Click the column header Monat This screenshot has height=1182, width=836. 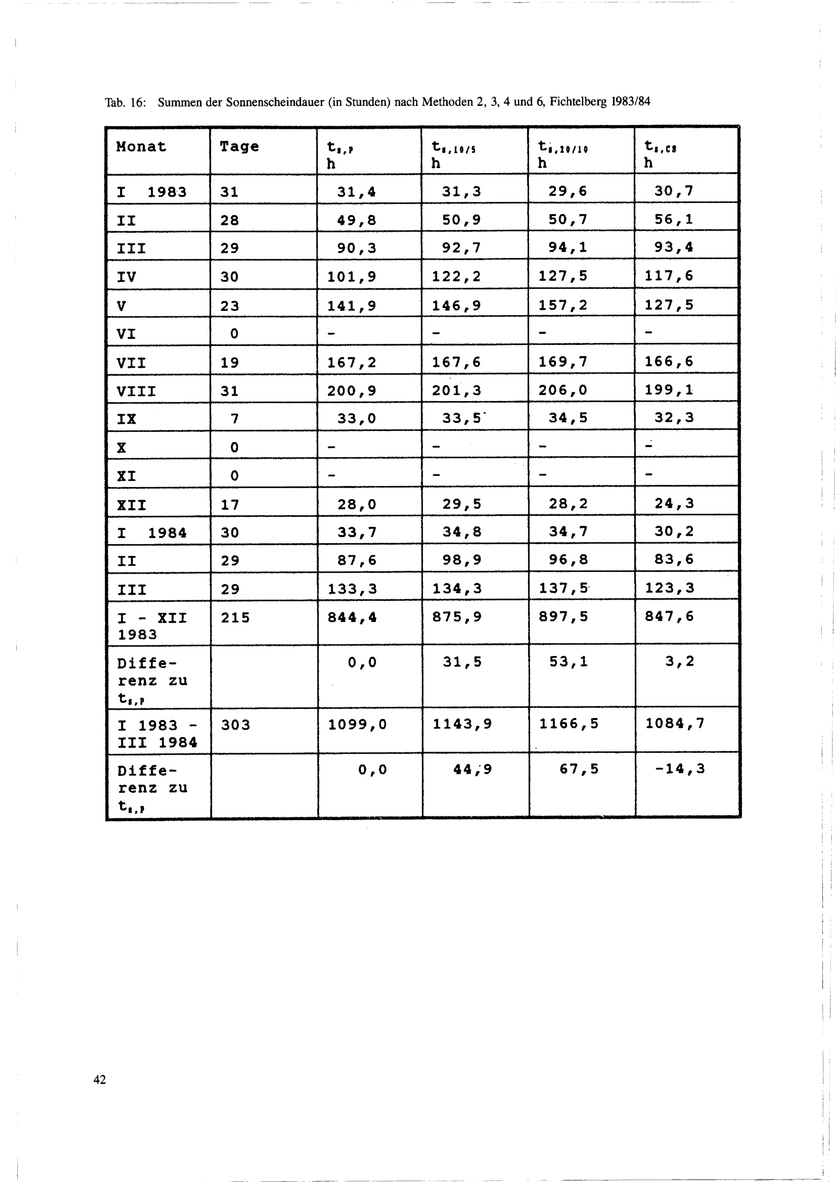pos(141,147)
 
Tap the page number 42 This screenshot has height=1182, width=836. pos(100,1079)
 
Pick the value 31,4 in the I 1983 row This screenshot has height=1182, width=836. pos(356,192)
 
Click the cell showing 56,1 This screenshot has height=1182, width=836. pos(673,220)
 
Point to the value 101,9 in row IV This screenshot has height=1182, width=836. pos(352,277)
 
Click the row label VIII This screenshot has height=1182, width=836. pos(136,392)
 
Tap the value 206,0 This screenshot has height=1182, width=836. pos(563,390)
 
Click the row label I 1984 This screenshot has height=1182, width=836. pos(152,532)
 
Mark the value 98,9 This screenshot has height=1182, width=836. pos(462,560)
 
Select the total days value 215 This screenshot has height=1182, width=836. pos(235,617)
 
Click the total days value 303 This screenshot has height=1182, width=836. pos(235,725)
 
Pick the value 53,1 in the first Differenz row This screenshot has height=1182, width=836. pos(568,662)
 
